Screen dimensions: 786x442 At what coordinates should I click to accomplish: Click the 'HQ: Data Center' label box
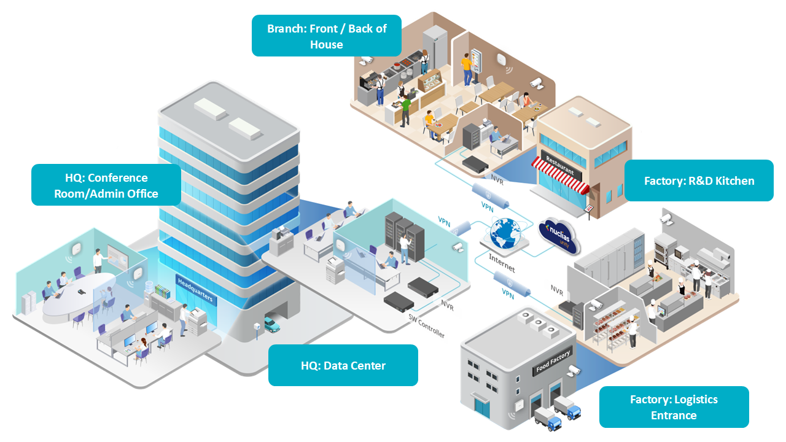click(343, 365)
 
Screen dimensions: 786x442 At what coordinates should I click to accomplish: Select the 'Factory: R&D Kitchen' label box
click(699, 180)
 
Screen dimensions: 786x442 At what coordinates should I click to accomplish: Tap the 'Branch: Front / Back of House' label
click(327, 36)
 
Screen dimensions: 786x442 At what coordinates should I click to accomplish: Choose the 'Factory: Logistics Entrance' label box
click(674, 407)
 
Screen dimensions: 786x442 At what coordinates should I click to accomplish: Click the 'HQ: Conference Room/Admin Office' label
click(106, 185)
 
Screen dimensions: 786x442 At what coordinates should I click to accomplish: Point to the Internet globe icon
click(505, 233)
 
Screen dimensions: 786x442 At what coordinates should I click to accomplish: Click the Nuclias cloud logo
click(559, 236)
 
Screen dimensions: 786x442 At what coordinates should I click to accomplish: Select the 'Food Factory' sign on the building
click(553, 362)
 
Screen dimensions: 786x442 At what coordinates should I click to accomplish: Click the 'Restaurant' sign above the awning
click(561, 166)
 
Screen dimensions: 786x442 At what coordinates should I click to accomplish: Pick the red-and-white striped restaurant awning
click(560, 177)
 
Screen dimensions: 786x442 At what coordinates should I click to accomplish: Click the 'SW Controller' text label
click(426, 326)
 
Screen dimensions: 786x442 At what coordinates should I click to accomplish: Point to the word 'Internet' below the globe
click(502, 263)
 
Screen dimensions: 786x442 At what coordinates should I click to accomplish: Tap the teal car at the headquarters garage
click(272, 325)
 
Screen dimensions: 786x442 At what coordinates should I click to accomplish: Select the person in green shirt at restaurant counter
click(406, 110)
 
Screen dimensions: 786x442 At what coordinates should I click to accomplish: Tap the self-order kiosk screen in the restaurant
click(476, 61)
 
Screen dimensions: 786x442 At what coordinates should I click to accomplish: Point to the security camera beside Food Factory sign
click(574, 370)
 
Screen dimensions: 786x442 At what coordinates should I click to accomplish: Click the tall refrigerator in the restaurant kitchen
click(435, 47)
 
